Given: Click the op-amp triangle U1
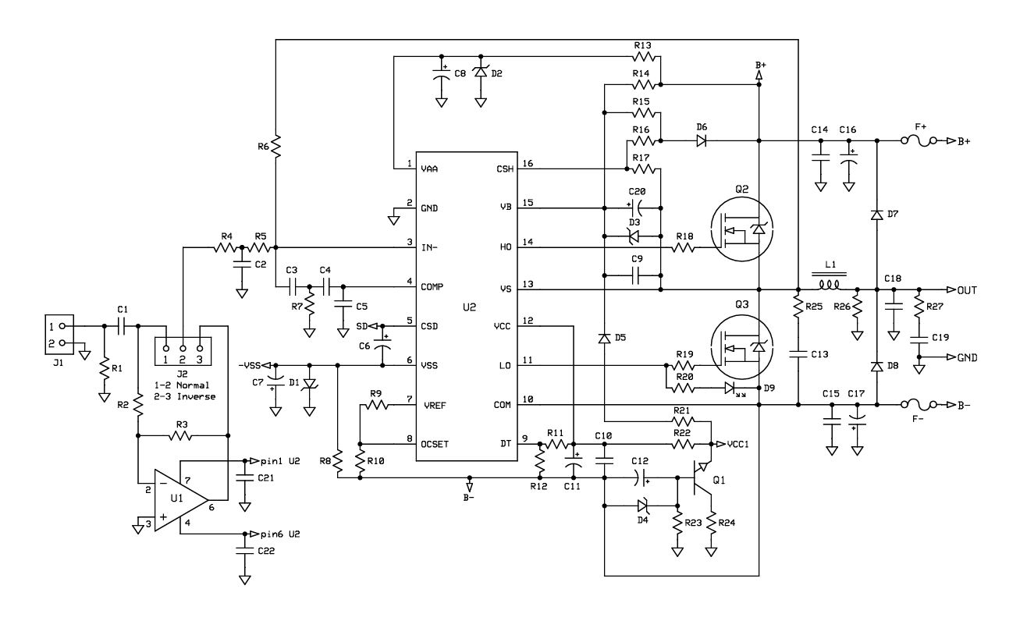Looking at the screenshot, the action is [x=181, y=500].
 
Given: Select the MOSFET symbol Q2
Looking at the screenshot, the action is [x=741, y=229].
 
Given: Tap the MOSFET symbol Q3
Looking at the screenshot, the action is [x=741, y=347].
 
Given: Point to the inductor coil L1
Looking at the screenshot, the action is [x=830, y=285].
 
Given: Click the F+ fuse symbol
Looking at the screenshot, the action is [x=919, y=141].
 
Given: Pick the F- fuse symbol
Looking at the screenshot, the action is [x=919, y=405].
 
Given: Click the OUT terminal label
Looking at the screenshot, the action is [x=967, y=290].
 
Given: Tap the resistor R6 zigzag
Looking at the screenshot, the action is [x=275, y=147].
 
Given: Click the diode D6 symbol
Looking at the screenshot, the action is [x=701, y=141].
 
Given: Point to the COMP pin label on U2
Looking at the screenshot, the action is [x=432, y=287].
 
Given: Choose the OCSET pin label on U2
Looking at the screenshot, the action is [x=435, y=444].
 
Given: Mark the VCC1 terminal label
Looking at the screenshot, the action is [x=737, y=444].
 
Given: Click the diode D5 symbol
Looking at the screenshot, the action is [x=604, y=339].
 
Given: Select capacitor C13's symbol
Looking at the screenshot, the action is [x=798, y=354].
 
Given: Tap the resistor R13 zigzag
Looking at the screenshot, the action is [x=644, y=57].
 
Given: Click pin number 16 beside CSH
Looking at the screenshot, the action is [x=528, y=163].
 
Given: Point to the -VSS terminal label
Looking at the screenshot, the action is [x=249, y=365].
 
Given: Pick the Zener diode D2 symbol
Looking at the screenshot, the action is [x=481, y=72].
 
